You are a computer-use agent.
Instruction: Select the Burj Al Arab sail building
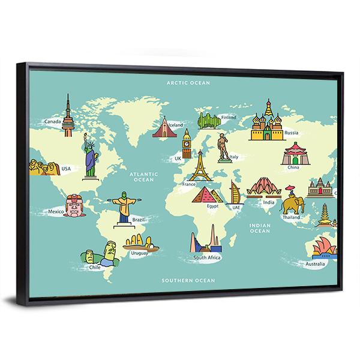pos(235,193)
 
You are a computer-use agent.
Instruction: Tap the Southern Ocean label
pos(188,280)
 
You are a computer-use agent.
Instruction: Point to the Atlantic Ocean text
pos(144,176)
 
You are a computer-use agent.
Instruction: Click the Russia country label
pos(292,132)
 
